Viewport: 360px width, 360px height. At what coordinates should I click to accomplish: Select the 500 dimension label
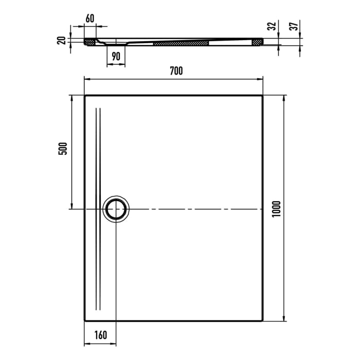(x=63, y=150)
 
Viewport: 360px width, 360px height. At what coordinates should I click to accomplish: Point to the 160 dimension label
(x=100, y=335)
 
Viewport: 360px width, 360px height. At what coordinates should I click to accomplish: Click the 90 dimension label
(x=116, y=57)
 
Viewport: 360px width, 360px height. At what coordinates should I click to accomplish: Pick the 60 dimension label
(x=89, y=19)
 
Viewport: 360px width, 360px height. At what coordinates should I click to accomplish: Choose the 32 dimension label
(x=272, y=25)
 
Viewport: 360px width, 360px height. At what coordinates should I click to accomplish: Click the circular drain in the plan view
(x=116, y=209)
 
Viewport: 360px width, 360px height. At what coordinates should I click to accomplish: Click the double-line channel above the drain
(x=98, y=149)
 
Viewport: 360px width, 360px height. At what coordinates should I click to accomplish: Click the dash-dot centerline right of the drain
(x=195, y=209)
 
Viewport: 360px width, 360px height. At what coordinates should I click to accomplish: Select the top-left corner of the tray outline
(x=85, y=96)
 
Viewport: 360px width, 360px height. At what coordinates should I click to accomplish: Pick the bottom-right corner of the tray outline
(x=262, y=320)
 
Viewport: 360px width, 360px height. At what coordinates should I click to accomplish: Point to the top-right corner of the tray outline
(x=262, y=96)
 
